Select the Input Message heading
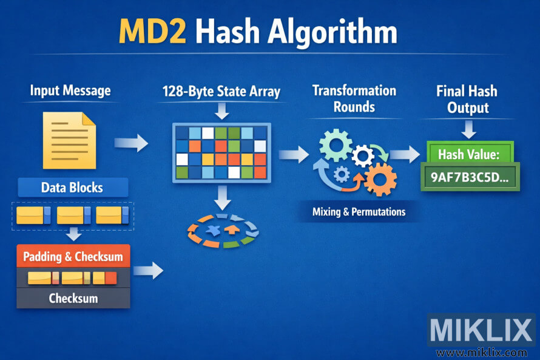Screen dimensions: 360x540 [70, 91]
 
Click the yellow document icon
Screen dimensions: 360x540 [69, 139]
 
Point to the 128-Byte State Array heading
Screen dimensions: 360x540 [221, 92]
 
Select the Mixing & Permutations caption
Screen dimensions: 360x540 [359, 212]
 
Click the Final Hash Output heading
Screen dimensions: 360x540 [466, 100]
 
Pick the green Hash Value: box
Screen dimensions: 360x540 [468, 154]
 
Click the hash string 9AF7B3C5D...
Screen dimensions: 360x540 [469, 178]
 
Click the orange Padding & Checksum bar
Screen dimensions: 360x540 [73, 257]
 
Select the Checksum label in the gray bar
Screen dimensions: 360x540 [73, 298]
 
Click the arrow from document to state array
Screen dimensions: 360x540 [131, 143]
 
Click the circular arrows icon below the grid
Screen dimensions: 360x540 [221, 231]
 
